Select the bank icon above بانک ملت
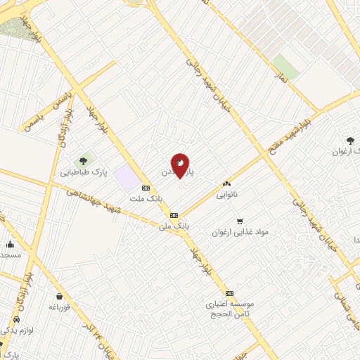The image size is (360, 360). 146,188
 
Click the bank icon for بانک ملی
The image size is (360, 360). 174,215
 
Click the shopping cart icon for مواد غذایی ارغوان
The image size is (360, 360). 240,221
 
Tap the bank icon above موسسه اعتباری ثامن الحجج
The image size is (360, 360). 229,293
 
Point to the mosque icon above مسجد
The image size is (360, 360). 10,245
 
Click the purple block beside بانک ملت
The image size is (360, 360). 127,176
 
